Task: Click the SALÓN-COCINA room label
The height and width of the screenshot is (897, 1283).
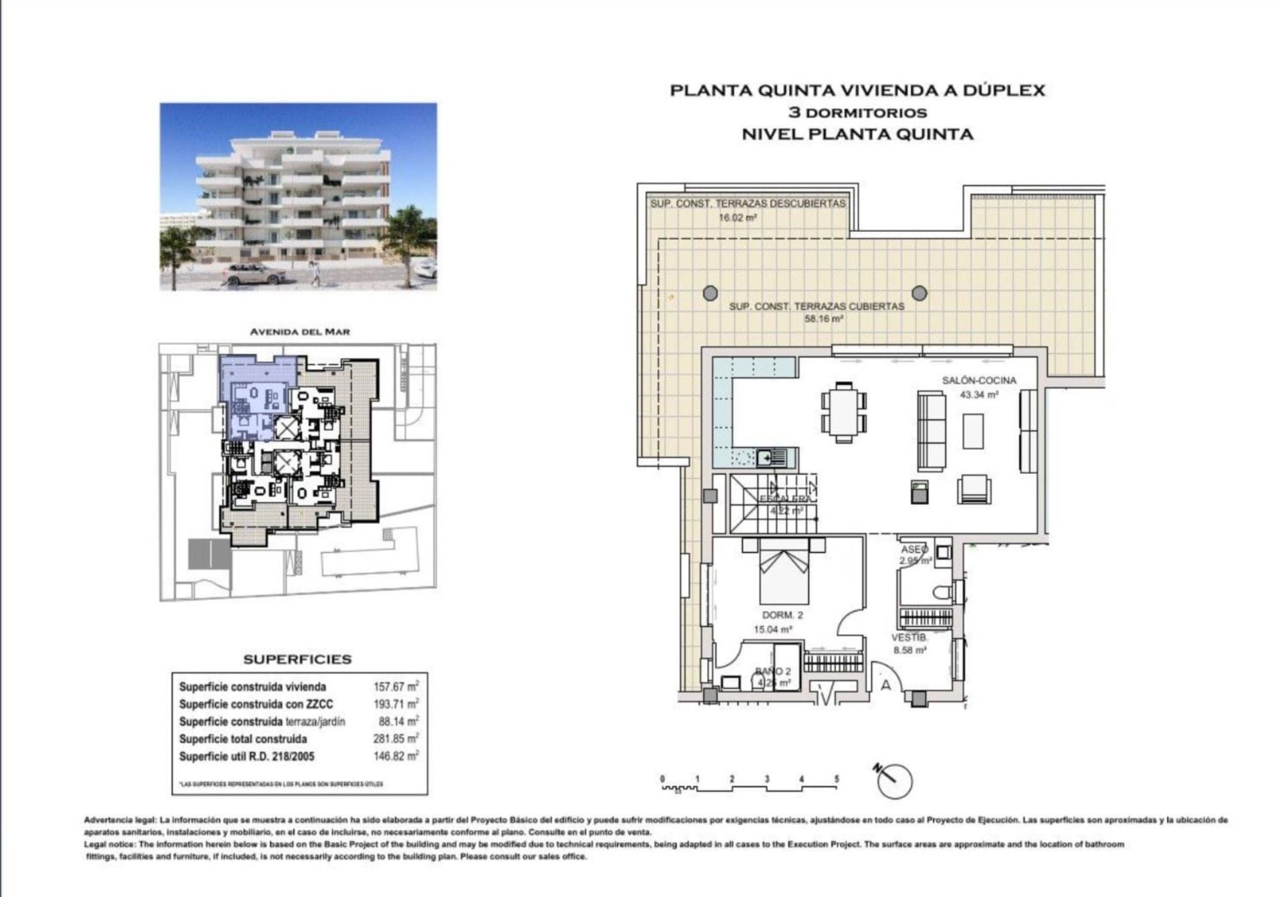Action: pos(979,380)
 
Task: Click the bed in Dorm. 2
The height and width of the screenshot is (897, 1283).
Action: pos(784,571)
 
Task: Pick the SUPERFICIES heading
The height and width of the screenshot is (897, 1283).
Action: pos(297,659)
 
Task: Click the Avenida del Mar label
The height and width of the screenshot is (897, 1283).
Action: pos(299,332)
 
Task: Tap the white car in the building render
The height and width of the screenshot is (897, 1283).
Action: pos(255,274)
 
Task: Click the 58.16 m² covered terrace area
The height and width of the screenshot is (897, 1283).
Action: pos(823,319)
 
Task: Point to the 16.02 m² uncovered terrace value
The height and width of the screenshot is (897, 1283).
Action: pos(737,217)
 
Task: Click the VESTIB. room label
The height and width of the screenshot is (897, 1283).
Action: pos(909,638)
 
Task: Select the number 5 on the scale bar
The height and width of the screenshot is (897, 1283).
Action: pos(836,779)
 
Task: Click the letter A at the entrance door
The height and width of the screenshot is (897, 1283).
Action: pos(886,685)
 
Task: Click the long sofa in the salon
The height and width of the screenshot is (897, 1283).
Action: pos(932,429)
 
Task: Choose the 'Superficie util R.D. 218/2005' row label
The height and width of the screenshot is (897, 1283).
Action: pos(247,757)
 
